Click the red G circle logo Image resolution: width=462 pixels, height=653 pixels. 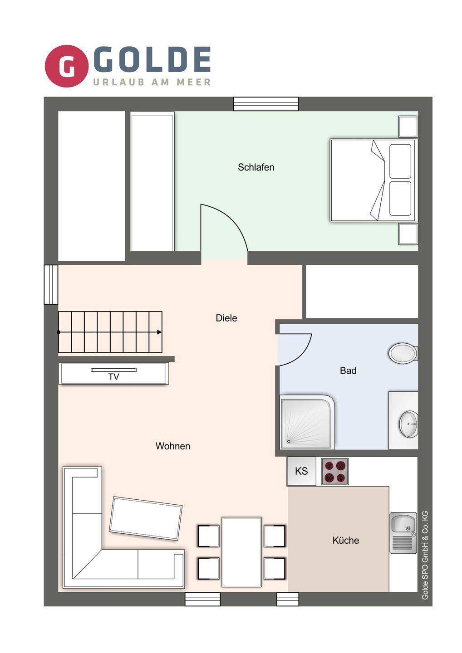tap(67, 66)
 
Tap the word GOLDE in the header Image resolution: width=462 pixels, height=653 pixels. tap(152, 59)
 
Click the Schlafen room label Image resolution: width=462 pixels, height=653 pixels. tap(256, 167)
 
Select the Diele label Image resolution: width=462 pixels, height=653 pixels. tap(226, 318)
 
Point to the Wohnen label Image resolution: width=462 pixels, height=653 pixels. tap(172, 446)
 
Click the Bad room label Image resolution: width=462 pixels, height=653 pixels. tap(348, 370)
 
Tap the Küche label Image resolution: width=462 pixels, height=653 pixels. tap(346, 540)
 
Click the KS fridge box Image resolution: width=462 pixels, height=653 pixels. tap(301, 471)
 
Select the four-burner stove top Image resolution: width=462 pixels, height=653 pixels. tap(335, 472)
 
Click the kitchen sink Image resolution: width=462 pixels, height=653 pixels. tap(403, 533)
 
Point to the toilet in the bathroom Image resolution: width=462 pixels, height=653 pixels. tap(403, 353)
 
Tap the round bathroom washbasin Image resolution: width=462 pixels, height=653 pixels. tap(408, 424)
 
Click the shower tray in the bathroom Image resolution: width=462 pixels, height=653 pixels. tap(307, 422)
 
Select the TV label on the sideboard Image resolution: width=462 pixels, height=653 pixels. tap(114, 377)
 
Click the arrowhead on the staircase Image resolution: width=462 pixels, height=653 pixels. tap(159, 332)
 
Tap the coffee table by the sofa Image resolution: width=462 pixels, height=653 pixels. tap(146, 519)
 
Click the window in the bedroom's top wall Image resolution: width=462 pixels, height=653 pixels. tap(265, 104)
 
